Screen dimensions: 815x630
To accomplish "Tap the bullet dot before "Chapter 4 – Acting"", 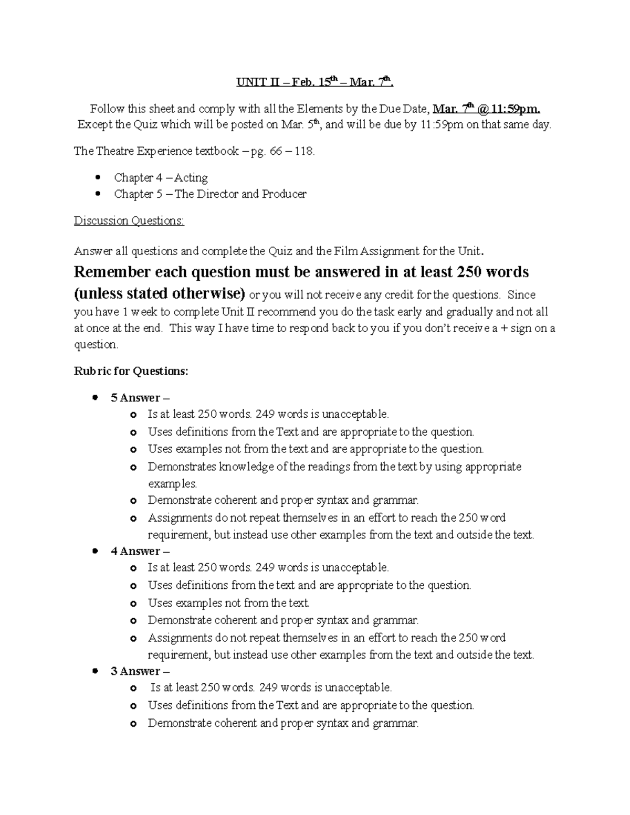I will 97,177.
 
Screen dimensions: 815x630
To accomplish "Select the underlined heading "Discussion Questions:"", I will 129,220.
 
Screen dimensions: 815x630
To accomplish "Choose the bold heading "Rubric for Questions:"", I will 131,371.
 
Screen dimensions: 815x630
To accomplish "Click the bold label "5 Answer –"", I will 140,397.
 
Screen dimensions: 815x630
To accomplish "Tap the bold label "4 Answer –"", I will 140,551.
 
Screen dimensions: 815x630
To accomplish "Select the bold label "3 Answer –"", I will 140,671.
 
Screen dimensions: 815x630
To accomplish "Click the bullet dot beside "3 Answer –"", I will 94,671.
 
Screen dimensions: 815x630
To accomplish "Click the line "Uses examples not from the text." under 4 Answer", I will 228,603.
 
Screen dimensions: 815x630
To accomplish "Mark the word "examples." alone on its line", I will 172,483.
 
